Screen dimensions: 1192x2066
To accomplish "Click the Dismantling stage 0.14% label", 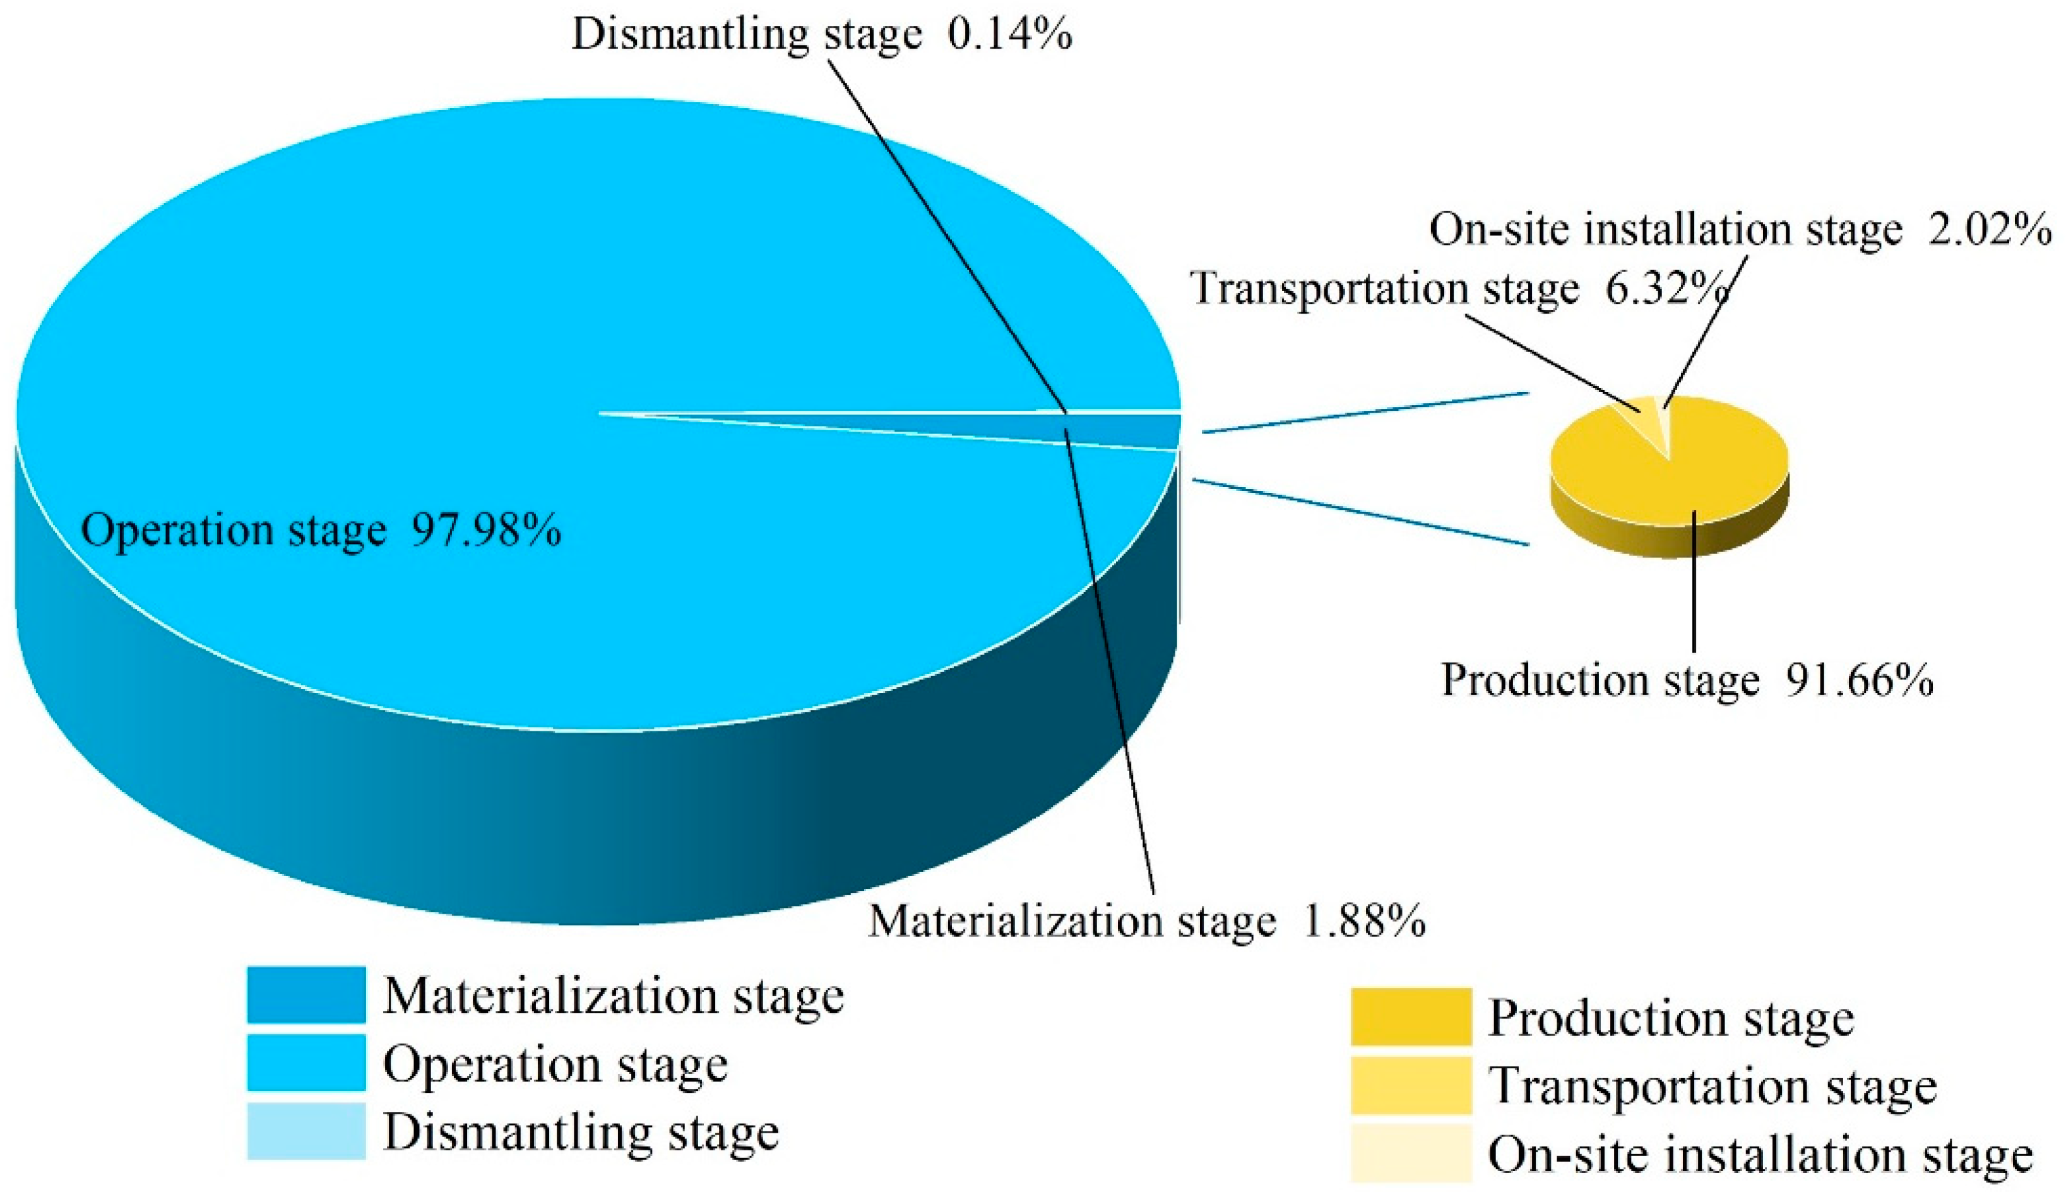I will point(821,34).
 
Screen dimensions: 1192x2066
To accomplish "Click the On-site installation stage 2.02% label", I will point(1740,229).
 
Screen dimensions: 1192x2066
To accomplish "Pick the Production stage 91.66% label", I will point(1687,680).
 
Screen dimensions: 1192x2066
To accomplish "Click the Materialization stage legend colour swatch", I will point(306,994).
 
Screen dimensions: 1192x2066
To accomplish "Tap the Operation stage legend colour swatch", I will point(306,1063).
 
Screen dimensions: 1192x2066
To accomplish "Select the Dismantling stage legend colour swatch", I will point(306,1131).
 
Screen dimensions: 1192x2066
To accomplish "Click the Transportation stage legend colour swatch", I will point(1410,1085).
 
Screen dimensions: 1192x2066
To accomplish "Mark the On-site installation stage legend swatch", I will point(1410,1154).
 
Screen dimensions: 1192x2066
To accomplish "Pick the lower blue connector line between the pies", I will point(1359,512).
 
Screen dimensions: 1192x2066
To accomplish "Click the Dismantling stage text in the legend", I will point(581,1132).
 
